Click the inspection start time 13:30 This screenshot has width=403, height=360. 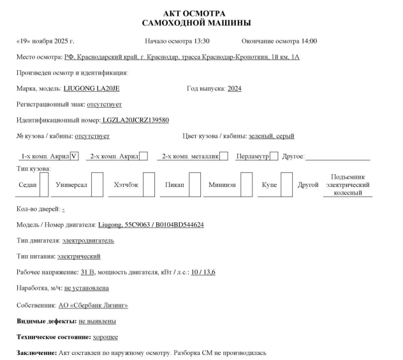pyautogui.click(x=200, y=41)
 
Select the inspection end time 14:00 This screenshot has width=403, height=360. pyautogui.click(x=307, y=41)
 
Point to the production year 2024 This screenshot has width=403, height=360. pyautogui.click(x=234, y=88)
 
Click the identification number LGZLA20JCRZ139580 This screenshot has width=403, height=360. pyautogui.click(x=136, y=120)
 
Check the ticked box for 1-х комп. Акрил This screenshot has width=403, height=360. pyautogui.click(x=75, y=156)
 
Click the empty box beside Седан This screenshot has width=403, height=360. pyautogui.click(x=45, y=185)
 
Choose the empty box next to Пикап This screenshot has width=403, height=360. pyautogui.click(x=194, y=185)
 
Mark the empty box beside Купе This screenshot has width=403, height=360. pyautogui.click(x=287, y=185)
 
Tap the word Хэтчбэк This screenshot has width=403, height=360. pyautogui.click(x=126, y=185)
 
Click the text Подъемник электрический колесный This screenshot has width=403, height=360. pyautogui.click(x=348, y=184)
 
